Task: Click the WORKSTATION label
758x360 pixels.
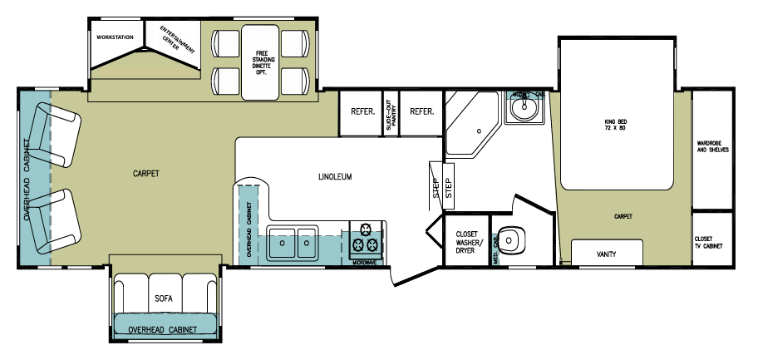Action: click(x=116, y=37)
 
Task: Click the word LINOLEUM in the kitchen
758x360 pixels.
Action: click(x=336, y=177)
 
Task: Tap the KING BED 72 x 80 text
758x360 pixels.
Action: click(x=614, y=126)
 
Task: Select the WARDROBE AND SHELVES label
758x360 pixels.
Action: click(x=711, y=148)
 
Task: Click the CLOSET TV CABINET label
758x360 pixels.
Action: click(x=708, y=242)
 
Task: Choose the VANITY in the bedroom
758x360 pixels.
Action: click(x=608, y=254)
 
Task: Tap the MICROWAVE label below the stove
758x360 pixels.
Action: click(x=365, y=263)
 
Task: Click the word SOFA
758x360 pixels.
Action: click(x=163, y=297)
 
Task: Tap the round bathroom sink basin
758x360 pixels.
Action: click(x=524, y=109)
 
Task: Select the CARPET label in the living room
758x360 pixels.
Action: click(x=145, y=174)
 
